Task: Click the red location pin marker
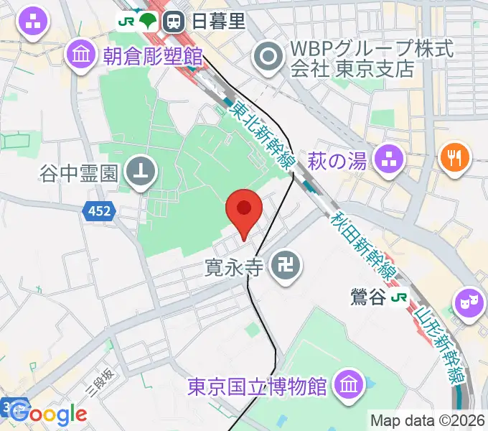pos(243,209)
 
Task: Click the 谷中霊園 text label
pos(81,172)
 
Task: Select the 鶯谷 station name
pos(369,297)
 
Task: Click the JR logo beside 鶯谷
pos(400,297)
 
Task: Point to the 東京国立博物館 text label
pos(258,386)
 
